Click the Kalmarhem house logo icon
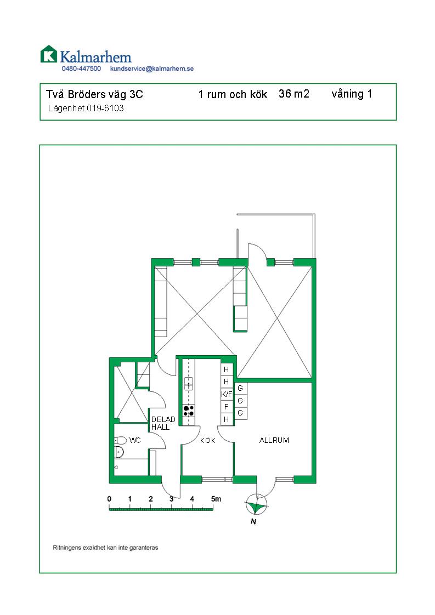point(48,54)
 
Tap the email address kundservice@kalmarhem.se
point(152,69)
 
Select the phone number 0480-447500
point(81,69)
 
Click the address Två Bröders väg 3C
point(94,94)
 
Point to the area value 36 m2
point(294,94)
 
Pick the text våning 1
point(352,94)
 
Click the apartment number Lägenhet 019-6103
point(86,109)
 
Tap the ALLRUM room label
point(274,440)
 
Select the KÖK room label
point(208,440)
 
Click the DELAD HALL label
point(163,423)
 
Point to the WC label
point(135,440)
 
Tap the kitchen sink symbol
point(188,383)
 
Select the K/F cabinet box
point(227,394)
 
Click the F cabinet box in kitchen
point(227,407)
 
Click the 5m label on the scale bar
point(216,499)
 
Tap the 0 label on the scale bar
point(110,499)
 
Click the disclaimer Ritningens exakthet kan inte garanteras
point(105,548)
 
